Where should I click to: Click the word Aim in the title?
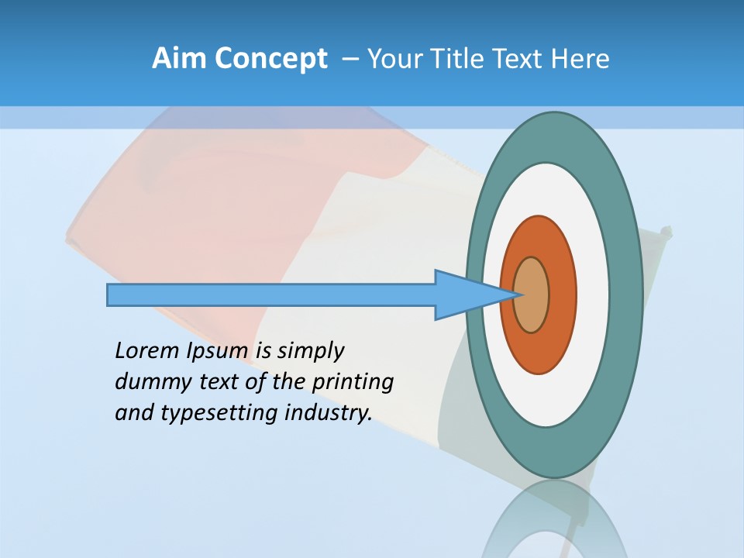point(179,58)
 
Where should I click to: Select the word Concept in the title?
point(270,58)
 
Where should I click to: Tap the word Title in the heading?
point(469,58)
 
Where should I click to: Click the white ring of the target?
point(593,295)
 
